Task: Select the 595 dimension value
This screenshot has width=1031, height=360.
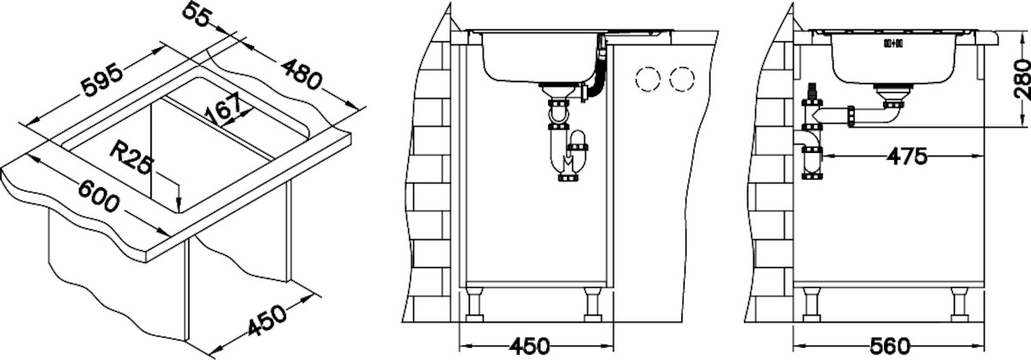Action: pyautogui.click(x=102, y=81)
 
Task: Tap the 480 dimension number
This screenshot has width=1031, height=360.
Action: pyautogui.click(x=301, y=75)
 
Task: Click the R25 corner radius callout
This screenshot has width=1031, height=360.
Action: pyautogui.click(x=131, y=158)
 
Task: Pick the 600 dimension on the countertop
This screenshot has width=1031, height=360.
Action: pyautogui.click(x=99, y=196)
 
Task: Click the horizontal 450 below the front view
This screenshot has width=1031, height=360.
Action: pyautogui.click(x=529, y=345)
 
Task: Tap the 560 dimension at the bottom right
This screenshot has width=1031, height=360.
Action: pyautogui.click(x=890, y=345)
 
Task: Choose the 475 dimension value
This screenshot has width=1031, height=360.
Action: pyautogui.click(x=907, y=156)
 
